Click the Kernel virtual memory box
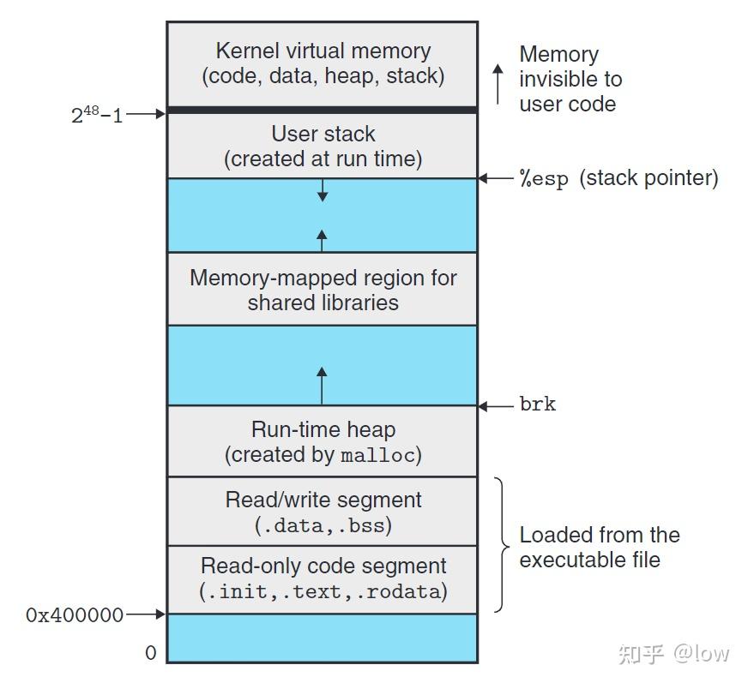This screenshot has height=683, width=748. pos(323,63)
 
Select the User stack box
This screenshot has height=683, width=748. pos(323,146)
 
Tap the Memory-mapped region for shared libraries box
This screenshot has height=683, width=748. pos(323,289)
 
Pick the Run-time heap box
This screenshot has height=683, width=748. pos(323,440)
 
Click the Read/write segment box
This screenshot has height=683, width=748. pos(323,511)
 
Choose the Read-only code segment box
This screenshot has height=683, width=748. pos(323,578)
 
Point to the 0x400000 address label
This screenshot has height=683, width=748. pos(75,614)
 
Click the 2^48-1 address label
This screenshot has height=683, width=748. pos(97,114)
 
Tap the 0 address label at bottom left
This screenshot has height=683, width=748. pos(151,653)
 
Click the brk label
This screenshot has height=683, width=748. pos(538,404)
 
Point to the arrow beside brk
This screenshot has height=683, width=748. pos(495,405)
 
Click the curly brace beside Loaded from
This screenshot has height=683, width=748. pos(502,544)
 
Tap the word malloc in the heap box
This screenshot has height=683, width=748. pos(377,456)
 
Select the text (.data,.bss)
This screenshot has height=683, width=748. pos(323,525)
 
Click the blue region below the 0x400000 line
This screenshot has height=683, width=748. pos(323,638)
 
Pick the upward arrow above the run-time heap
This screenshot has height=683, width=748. pos(322,385)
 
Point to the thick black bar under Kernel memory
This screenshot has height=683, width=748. pos(323,111)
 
